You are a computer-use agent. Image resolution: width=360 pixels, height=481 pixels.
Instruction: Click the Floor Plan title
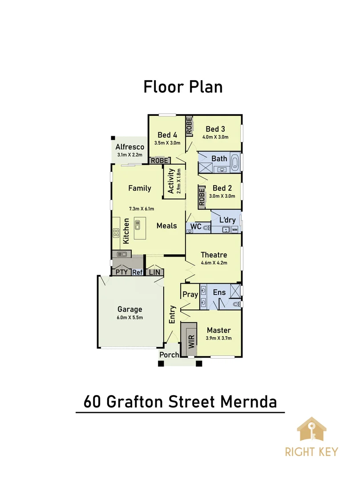pyautogui.click(x=183, y=86)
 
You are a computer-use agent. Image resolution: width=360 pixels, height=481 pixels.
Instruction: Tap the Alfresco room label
pyautogui.click(x=130, y=147)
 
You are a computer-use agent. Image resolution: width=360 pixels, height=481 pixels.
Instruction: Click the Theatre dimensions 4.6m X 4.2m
pyautogui.click(x=214, y=263)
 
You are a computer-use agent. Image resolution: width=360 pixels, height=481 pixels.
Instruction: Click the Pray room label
pyautogui.click(x=190, y=294)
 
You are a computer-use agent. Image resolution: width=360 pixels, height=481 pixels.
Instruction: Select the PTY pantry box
pyautogui.click(x=121, y=272)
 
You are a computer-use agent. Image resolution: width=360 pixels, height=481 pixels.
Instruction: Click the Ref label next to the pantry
pyautogui.click(x=137, y=272)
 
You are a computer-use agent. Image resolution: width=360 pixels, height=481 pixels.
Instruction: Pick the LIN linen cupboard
pyautogui.click(x=154, y=272)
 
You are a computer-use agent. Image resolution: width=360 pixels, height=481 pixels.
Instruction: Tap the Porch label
pyautogui.click(x=169, y=355)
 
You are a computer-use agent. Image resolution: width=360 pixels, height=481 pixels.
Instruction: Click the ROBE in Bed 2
pyautogui.click(x=202, y=197)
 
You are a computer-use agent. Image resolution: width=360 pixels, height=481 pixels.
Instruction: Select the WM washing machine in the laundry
pyautogui.click(x=235, y=229)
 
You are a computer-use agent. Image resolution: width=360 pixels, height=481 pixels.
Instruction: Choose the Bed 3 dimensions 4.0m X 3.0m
pyautogui.click(x=216, y=137)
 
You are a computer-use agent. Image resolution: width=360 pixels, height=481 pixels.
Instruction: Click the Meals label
pyautogui.click(x=166, y=226)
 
